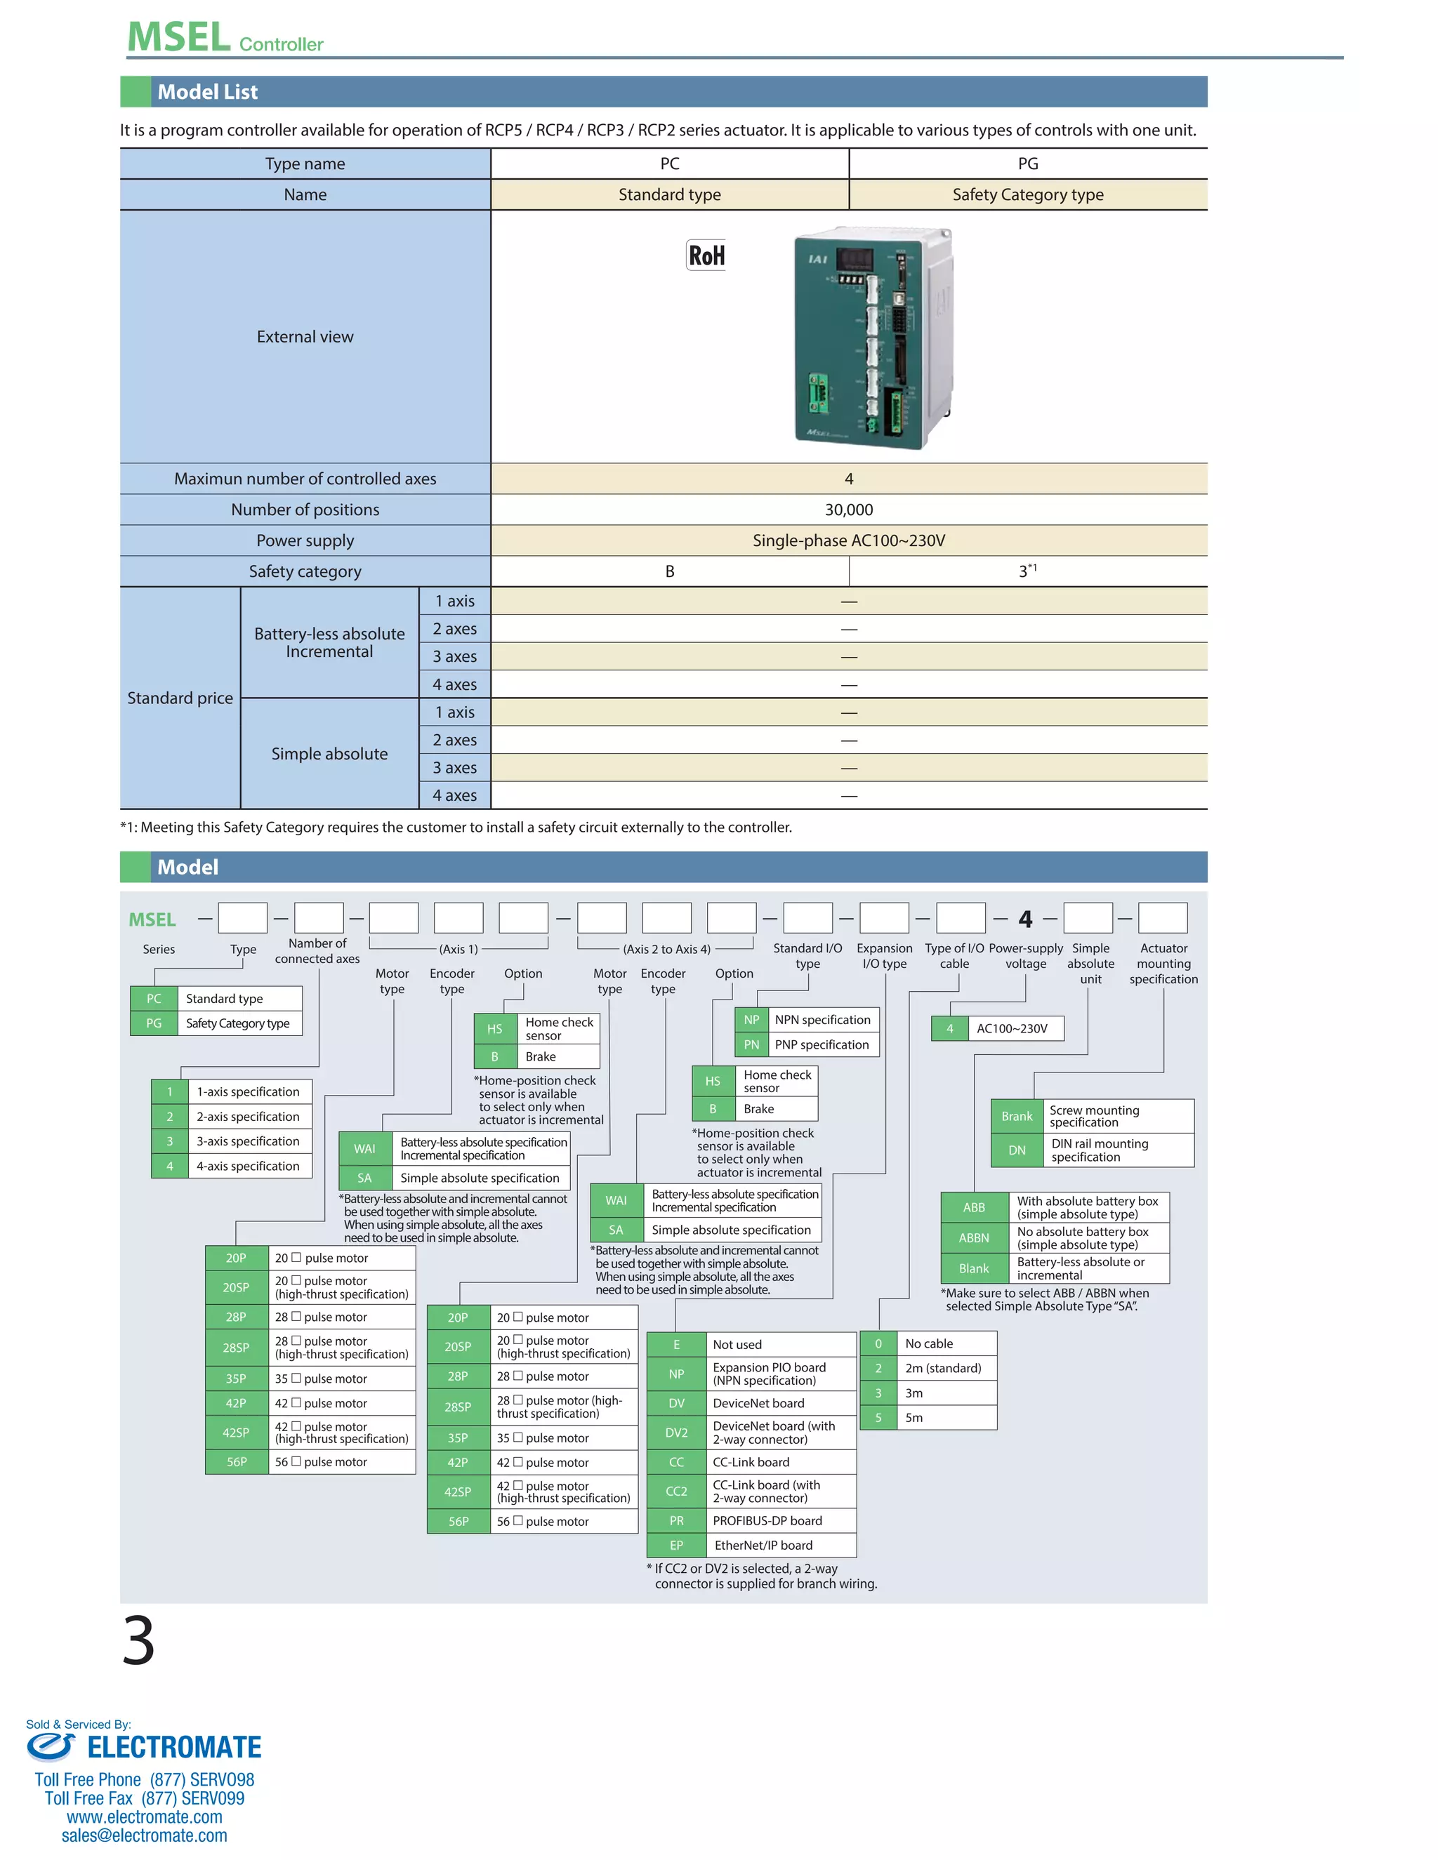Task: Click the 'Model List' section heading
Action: coord(207,92)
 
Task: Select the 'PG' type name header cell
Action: coord(1027,164)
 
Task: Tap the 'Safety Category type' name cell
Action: coord(1027,195)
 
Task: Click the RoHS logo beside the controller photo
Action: coord(706,255)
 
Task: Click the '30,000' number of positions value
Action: coord(848,510)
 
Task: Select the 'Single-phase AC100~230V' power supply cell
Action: coord(848,540)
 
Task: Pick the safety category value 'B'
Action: coord(670,571)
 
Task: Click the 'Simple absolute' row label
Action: coord(330,754)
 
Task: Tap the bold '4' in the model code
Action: coord(1025,919)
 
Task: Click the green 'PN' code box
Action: coord(751,1045)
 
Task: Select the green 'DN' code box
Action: coord(1017,1150)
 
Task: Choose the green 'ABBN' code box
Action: coord(974,1238)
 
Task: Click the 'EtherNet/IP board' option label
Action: coord(763,1545)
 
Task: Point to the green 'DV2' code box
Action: coord(676,1433)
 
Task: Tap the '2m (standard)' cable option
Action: coord(943,1369)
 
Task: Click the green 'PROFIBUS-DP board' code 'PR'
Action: coord(676,1520)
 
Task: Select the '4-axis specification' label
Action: coord(248,1166)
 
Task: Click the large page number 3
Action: coord(139,1640)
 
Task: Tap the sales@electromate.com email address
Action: coord(144,1835)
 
